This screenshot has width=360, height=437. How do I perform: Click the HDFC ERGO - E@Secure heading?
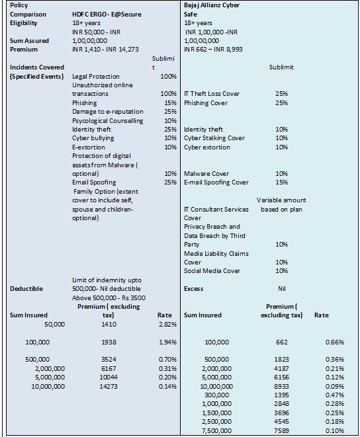(107, 14)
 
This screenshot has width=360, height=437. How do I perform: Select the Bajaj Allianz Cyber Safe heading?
(212, 10)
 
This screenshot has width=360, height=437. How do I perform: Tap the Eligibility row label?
(23, 23)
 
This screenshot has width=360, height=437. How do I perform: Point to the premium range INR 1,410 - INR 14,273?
(105, 50)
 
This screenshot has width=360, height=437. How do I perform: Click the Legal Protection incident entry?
(96, 77)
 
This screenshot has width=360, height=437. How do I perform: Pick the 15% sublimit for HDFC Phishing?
(170, 103)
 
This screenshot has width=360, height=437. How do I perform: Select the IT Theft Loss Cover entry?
(212, 94)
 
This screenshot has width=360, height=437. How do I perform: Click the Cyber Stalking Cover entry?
(214, 138)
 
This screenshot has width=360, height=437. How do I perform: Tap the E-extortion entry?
(89, 147)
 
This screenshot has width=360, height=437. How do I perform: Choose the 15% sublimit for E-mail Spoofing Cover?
(281, 182)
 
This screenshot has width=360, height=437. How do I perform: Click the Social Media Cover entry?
(212, 271)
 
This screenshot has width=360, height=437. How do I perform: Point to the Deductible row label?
(26, 289)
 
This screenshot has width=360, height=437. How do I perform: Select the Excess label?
(193, 289)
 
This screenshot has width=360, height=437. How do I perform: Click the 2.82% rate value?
(167, 325)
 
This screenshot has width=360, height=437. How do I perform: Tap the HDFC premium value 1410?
(109, 325)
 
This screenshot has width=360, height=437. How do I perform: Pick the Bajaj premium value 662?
(281, 342)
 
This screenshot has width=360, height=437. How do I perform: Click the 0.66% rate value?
(335, 342)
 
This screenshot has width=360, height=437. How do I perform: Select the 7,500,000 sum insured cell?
(216, 430)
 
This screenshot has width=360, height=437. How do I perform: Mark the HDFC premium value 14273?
(109, 387)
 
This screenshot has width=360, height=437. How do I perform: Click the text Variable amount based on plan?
(281, 205)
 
